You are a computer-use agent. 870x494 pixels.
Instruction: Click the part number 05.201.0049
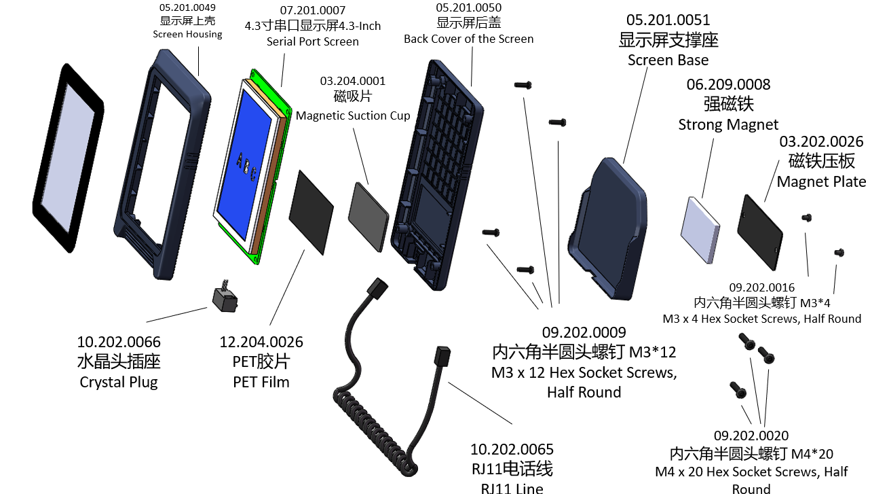pos(187,7)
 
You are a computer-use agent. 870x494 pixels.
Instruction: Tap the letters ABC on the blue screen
pos(246,168)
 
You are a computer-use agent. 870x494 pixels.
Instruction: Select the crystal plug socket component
pos(225,298)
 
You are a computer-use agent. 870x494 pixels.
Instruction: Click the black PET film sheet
pos(311,213)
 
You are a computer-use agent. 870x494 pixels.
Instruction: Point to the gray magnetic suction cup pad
pos(368,217)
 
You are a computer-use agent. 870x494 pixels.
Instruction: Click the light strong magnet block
pos(700,230)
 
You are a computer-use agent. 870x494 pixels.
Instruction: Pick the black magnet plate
pos(760,232)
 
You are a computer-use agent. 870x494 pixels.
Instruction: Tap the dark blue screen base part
pos(608,229)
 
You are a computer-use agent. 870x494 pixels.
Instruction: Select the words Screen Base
pos(668,60)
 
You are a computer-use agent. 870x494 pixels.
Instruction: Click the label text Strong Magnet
pos(728,124)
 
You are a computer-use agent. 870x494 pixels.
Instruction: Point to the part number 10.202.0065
pos(512,449)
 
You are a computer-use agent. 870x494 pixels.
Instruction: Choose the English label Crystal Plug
pos(119,382)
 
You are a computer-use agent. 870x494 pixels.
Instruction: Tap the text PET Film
pos(261,382)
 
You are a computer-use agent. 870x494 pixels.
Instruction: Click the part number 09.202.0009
pos(584,332)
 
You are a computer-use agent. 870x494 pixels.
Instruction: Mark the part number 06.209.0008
pos(728,84)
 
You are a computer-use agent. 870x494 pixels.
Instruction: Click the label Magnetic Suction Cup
pos(353,116)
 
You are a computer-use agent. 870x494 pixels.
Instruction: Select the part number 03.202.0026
pos(821,141)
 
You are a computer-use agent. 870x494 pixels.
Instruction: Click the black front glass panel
pos(69,158)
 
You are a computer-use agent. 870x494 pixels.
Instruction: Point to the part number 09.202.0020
pos(751,436)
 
